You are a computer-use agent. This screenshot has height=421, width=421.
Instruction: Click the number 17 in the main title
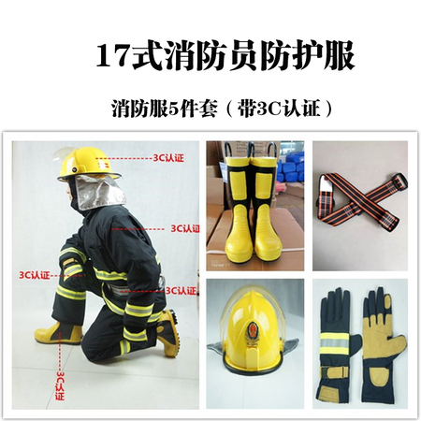pos(113,57)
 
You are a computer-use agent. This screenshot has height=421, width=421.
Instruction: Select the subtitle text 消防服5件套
pos(164,109)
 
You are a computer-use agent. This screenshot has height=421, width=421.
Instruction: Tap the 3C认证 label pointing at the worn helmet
pos(168,158)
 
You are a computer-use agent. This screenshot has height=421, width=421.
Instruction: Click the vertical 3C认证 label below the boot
pos(60,385)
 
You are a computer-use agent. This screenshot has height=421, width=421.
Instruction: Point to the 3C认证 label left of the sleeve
pos(35,275)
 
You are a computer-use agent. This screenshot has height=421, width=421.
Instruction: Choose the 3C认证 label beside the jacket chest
pos(185,229)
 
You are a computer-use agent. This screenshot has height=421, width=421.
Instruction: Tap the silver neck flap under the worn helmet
pos(100,192)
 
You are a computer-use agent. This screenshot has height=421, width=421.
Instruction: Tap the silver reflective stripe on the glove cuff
pos(334,343)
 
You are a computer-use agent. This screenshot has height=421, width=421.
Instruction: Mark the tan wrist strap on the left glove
pos(335,372)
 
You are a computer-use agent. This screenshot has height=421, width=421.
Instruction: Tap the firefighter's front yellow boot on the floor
pos(58,333)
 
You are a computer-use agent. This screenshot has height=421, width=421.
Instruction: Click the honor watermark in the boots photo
pos(217,264)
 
